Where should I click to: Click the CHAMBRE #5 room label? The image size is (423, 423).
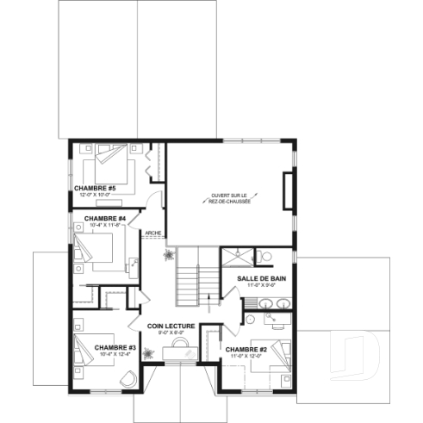coord(95,187)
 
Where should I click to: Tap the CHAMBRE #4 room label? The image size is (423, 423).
coord(105,219)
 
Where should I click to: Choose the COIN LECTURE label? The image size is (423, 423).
coord(171,326)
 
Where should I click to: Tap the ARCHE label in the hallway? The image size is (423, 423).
coord(154,233)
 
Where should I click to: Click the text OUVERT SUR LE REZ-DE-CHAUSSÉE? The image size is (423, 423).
coord(229,199)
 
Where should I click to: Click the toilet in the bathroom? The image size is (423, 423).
coord(264,256)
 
